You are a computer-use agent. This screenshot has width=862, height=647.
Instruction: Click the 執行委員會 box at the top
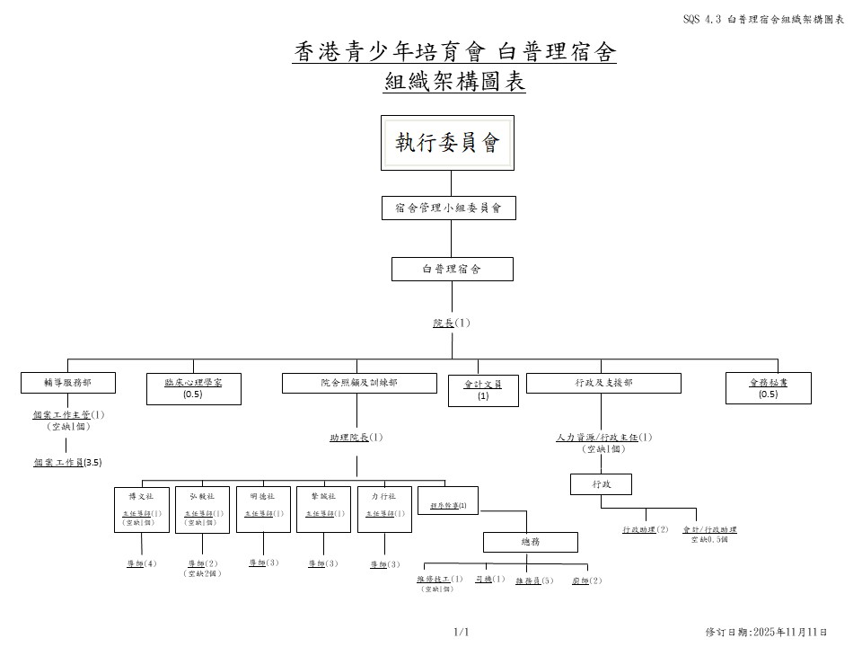click(447, 143)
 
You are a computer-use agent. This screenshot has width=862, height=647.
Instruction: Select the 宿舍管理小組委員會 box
click(448, 208)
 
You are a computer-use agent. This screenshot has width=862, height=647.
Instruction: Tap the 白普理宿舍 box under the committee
click(452, 269)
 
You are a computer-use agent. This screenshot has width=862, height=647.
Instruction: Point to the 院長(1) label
click(452, 323)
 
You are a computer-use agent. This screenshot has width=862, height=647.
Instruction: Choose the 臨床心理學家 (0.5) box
click(193, 388)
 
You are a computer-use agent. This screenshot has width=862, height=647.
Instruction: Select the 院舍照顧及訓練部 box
click(359, 383)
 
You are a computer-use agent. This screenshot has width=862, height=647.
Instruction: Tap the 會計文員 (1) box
click(483, 389)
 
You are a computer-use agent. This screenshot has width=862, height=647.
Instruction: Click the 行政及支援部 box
click(603, 383)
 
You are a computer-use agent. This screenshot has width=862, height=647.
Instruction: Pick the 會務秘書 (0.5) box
click(768, 388)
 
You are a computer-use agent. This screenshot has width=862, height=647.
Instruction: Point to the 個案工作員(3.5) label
click(67, 462)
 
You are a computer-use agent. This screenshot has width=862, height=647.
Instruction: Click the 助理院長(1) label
click(356, 438)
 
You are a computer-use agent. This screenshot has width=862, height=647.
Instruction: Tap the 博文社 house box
click(141, 510)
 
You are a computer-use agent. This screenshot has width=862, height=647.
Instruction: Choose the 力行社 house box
click(384, 510)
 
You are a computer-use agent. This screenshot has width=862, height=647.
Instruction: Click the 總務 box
click(531, 542)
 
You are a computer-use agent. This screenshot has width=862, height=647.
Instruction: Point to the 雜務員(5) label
click(534, 581)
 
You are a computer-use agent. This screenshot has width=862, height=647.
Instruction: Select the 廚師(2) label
click(587, 581)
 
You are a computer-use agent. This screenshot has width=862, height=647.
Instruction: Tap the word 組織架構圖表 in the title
click(454, 83)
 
